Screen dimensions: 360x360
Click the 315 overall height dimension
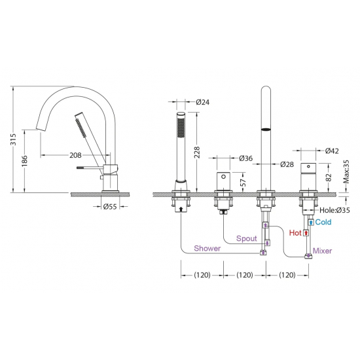coord(14,139)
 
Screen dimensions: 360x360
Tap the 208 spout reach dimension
coord(75,155)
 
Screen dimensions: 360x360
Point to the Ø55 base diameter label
coord(110,207)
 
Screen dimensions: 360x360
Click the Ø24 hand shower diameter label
coord(203,102)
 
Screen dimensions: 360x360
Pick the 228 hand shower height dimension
coord(197,153)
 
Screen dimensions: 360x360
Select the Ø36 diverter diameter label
coord(245,158)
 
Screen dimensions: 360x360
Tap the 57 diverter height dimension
coord(243,183)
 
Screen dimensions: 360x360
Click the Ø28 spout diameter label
coord(287,164)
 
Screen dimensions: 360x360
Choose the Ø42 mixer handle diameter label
coord(332,151)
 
